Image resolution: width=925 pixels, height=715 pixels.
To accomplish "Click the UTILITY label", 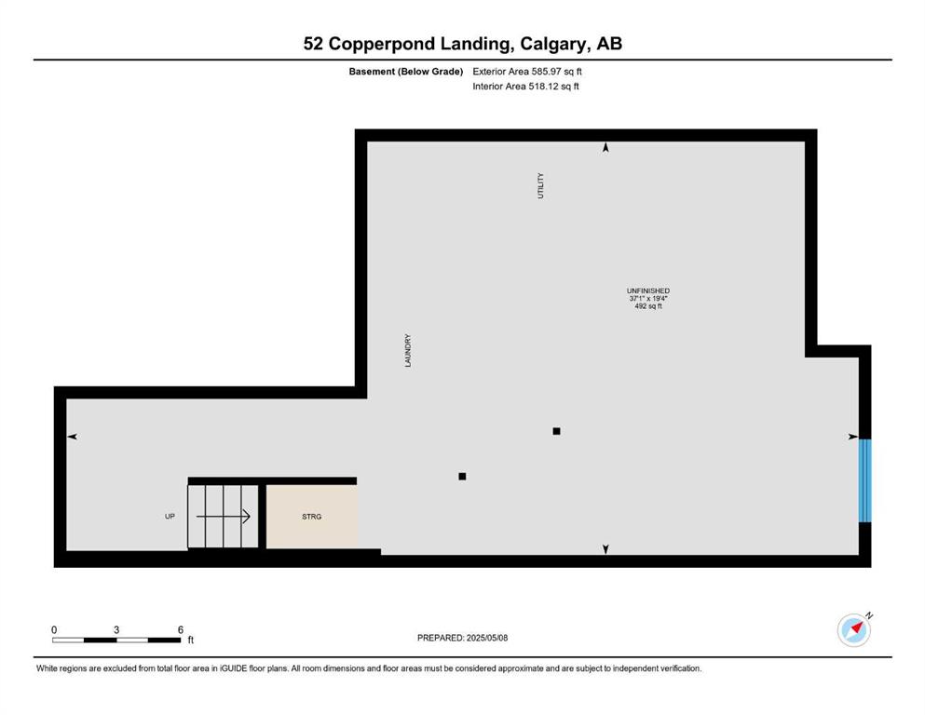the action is (x=540, y=185).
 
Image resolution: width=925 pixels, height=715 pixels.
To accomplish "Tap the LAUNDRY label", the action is (x=408, y=351).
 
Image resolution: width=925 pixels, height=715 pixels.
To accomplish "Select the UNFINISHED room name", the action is (x=647, y=290).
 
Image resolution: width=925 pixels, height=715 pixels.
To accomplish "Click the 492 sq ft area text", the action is (x=647, y=306).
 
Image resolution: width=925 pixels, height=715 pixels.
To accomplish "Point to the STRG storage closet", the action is (x=311, y=517).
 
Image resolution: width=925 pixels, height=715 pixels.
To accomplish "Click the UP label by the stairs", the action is (x=170, y=517).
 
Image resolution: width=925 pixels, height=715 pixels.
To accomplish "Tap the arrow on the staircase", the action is (x=223, y=517).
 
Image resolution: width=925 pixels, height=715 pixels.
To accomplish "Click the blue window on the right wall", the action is (x=864, y=480).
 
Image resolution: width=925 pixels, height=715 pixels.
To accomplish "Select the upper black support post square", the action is (x=556, y=431).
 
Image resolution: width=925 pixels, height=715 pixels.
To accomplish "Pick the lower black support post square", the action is (x=462, y=477).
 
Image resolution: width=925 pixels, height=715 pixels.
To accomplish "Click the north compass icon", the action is (x=854, y=629).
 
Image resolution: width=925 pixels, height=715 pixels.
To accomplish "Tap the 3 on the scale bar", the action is (x=116, y=629).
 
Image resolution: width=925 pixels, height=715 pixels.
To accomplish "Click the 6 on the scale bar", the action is (x=181, y=629).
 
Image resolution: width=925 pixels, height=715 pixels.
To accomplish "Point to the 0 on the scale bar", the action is (x=54, y=629).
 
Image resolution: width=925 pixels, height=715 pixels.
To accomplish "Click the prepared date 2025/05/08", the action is (x=486, y=638).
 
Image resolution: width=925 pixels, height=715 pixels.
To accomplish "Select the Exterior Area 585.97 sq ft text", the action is (x=527, y=72).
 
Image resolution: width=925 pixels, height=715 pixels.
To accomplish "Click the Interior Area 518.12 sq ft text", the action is (x=525, y=86).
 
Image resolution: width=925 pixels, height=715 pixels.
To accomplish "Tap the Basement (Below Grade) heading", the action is (x=406, y=72).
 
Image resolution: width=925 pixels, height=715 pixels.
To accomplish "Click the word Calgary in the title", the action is (x=554, y=44).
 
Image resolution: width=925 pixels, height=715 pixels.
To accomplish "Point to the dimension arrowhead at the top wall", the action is (x=605, y=147).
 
